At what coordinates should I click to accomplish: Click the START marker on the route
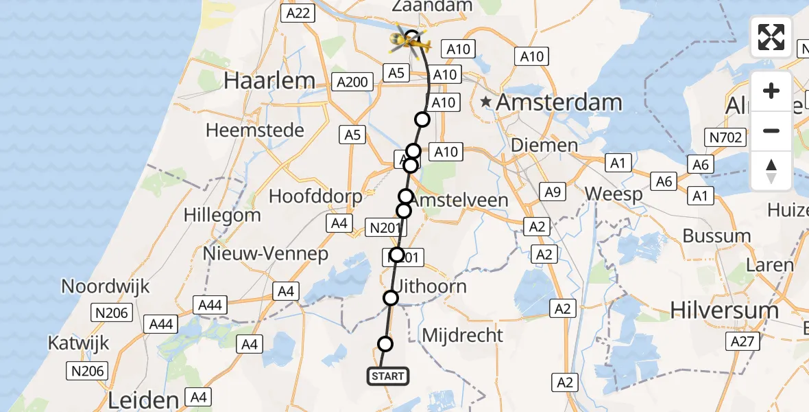(388, 376)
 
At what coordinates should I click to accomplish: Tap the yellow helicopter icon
(410, 43)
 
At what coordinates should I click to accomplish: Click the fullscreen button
(771, 37)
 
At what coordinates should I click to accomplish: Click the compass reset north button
(771, 171)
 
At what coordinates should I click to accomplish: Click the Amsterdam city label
(559, 103)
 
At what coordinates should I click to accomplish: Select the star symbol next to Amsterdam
(486, 102)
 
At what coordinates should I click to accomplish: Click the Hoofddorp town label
(315, 196)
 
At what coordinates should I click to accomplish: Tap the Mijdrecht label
(463, 336)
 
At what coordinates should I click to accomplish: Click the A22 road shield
(298, 12)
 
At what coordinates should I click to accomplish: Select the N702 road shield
(726, 138)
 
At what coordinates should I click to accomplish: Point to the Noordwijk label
(106, 286)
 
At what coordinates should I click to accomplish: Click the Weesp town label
(614, 194)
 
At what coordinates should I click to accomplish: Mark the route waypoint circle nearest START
(385, 344)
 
